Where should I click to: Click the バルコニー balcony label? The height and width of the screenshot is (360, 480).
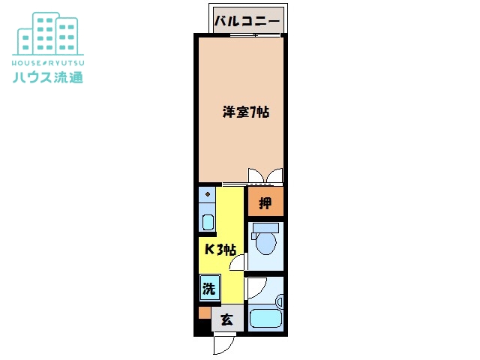point(247,21)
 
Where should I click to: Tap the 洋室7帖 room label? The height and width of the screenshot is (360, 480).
point(246,112)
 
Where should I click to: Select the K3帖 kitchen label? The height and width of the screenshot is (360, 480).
point(220,250)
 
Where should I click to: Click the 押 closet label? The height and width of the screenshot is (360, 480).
point(265,203)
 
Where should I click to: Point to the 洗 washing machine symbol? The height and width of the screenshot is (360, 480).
point(210,288)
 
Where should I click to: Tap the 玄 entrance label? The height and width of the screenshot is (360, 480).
point(226,319)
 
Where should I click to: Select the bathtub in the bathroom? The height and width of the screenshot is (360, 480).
point(265,318)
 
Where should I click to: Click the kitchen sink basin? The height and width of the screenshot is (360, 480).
point(208,222)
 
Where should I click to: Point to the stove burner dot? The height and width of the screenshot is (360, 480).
point(208,194)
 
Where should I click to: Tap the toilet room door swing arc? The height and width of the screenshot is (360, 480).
point(237,262)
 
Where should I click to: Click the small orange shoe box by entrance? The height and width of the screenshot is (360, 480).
point(205,313)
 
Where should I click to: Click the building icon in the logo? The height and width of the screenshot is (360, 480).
point(48,34)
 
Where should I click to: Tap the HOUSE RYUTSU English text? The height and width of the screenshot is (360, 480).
point(48,63)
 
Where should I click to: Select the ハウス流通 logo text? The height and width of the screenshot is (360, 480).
point(48,76)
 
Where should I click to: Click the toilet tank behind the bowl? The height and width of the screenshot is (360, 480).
point(265,228)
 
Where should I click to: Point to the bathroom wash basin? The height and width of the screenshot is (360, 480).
point(280,301)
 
